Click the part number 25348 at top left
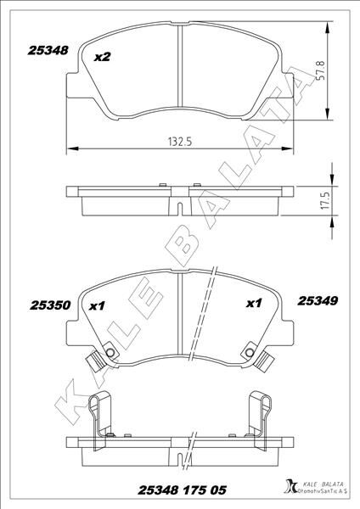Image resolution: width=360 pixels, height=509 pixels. (48, 50)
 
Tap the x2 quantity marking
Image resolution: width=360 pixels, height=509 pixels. (103, 58)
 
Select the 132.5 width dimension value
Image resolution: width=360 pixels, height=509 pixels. (180, 142)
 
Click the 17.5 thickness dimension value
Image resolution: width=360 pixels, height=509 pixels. (325, 200)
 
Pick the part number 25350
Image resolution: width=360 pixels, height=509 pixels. (50, 305)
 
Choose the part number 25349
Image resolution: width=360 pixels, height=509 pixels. (318, 301)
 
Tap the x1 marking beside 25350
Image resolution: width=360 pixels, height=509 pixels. (97, 305)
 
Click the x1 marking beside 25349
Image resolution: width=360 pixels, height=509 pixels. (254, 303)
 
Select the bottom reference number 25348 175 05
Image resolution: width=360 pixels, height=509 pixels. (182, 490)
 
